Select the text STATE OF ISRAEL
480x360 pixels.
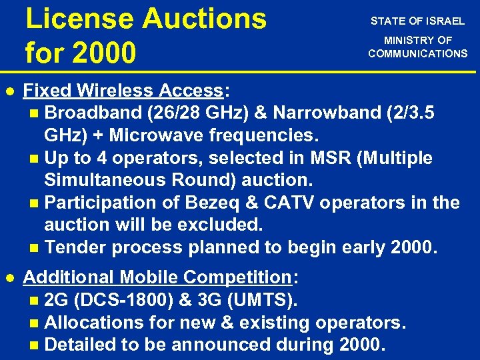[418, 21]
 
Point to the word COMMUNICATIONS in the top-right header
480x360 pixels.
[418, 53]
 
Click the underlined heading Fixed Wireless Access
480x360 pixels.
[122, 91]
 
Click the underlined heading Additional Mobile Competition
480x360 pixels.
[157, 277]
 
